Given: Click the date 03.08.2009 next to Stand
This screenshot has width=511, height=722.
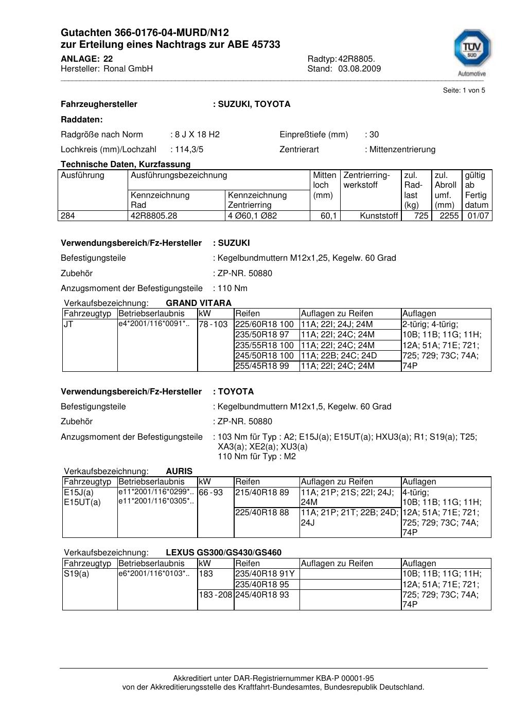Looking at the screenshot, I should point(359,69).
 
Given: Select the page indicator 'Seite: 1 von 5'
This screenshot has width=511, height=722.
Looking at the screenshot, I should point(464,91).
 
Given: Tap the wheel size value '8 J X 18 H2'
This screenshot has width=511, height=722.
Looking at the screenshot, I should point(197,135).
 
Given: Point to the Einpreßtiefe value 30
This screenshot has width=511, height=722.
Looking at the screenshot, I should point(374,135).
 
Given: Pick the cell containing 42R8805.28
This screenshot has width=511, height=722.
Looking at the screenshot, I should point(154,216).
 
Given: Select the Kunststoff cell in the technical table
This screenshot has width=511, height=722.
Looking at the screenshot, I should point(380,216).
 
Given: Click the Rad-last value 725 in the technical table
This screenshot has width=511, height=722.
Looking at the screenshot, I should point(421,216).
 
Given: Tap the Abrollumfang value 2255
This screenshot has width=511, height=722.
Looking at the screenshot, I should point(449,216).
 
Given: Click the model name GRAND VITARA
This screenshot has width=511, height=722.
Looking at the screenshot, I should point(199,303).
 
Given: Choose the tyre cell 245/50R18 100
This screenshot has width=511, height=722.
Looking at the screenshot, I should point(265,356).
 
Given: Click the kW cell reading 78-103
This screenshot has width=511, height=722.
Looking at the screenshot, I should point(213,324).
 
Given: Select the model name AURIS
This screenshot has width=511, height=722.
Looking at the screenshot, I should point(179,471).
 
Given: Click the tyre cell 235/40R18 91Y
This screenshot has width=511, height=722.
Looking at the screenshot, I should point(265,574).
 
